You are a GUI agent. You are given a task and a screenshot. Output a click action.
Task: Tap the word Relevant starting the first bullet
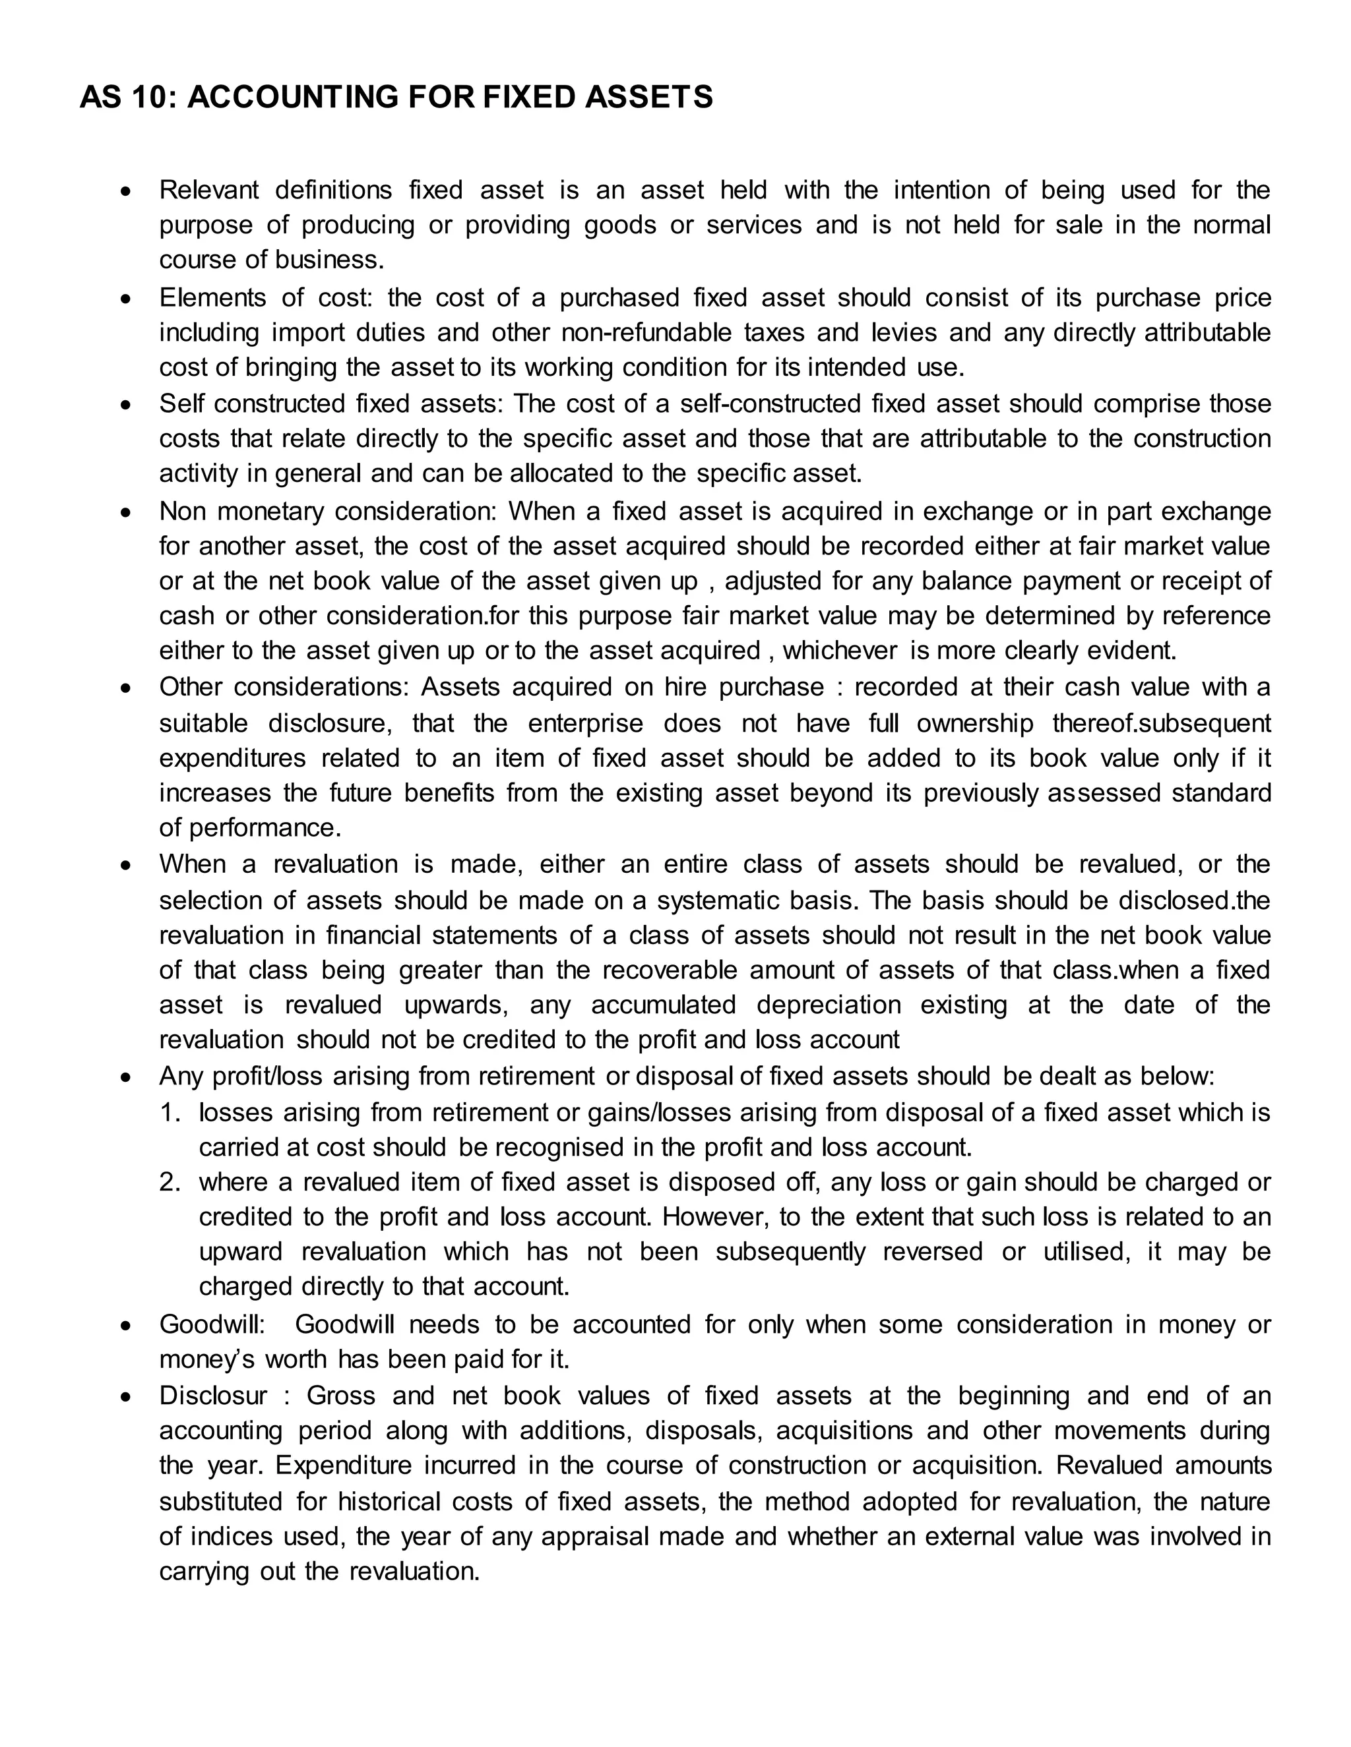point(209,191)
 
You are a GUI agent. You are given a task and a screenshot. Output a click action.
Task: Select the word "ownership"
point(975,723)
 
